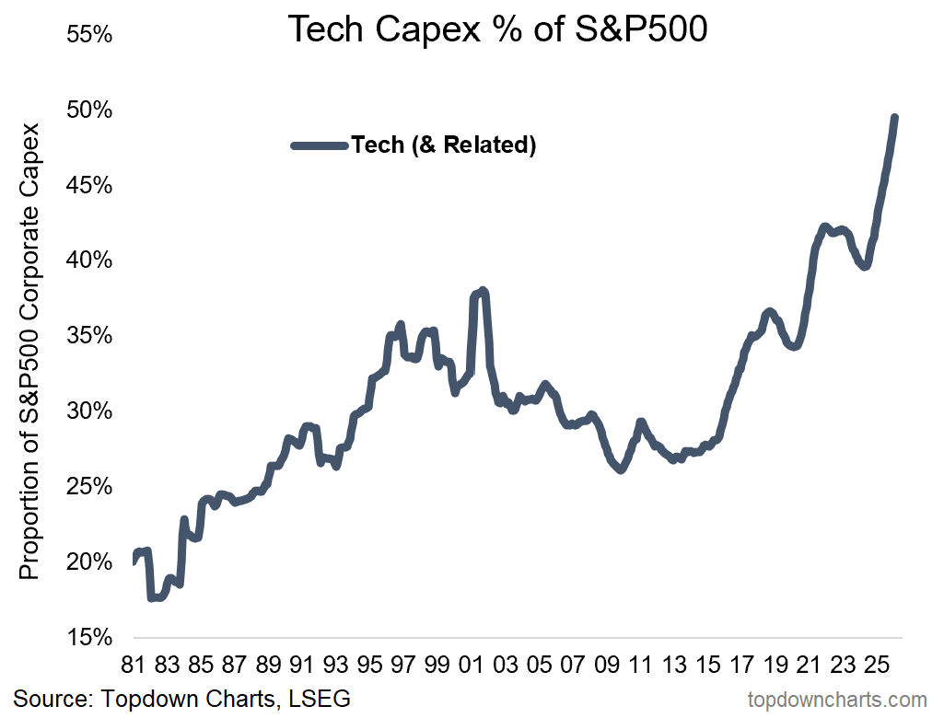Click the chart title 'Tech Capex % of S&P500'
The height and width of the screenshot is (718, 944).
497,29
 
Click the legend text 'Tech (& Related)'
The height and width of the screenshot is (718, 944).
443,145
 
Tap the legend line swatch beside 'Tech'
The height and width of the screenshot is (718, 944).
319,145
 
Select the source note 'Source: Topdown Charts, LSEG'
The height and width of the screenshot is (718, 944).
182,699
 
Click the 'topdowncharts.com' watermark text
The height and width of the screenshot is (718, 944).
837,701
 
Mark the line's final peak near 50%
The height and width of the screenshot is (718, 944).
894,118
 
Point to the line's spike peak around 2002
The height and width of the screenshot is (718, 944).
483,291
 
